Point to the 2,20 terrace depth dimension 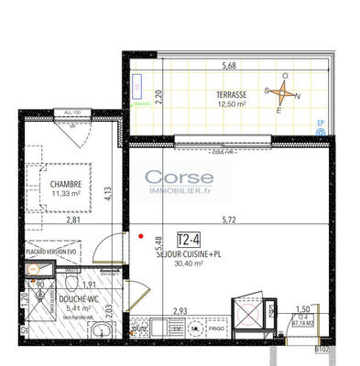[x=158, y=91]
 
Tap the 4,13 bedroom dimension [x=107, y=193]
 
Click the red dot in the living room [x=141, y=235]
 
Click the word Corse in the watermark [x=180, y=178]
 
